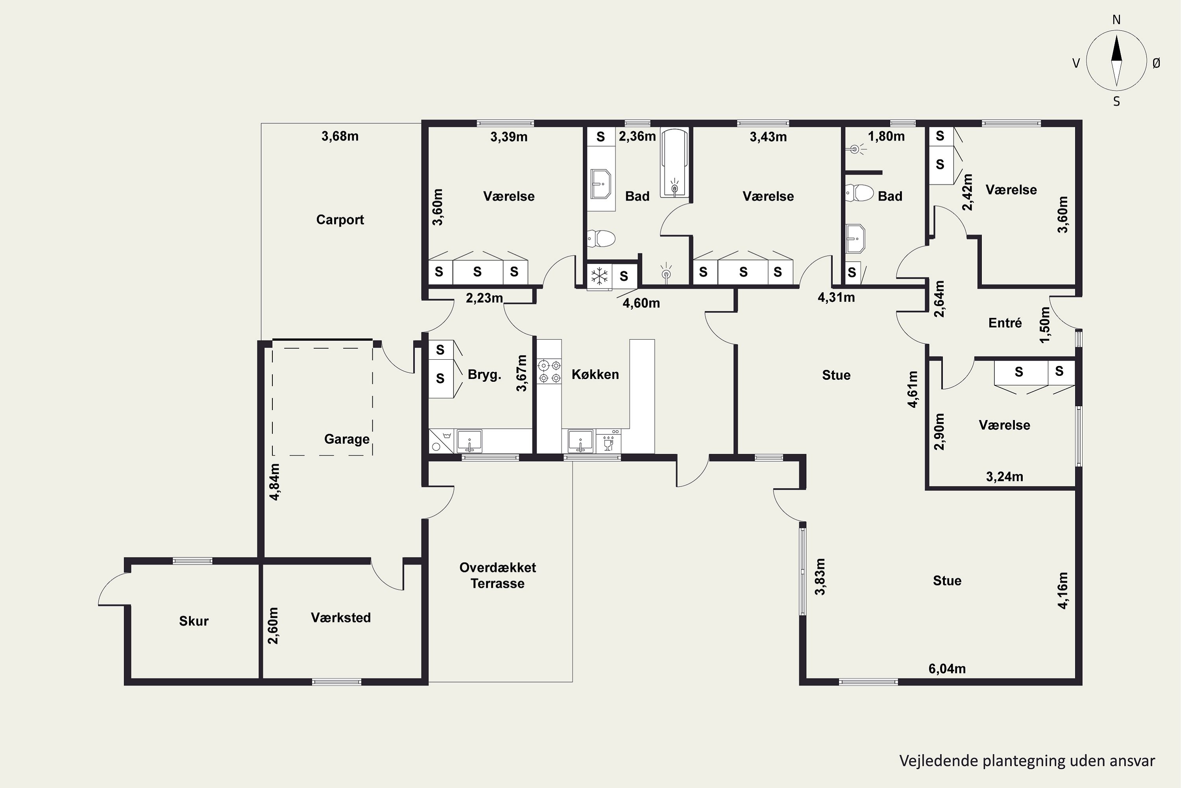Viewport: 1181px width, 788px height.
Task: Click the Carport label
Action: click(x=340, y=219)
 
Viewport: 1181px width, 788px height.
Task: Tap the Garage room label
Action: click(x=347, y=439)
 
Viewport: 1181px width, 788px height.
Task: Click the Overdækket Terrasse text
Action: click(x=498, y=575)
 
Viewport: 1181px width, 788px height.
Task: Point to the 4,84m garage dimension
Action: click(x=275, y=481)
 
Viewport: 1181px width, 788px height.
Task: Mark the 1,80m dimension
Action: click(x=886, y=136)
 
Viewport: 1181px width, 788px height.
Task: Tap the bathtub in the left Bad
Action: click(x=674, y=164)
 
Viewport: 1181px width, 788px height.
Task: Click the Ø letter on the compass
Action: click(x=1157, y=63)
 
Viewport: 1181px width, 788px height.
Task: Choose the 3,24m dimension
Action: click(x=1004, y=476)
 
